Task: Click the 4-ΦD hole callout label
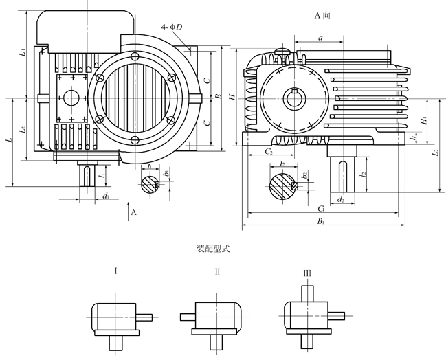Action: pos(172,27)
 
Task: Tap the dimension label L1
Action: pos(23,52)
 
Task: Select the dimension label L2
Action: pos(23,130)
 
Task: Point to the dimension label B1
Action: pos(321,221)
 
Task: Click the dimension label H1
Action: pos(424,120)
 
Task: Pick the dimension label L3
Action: pos(435,153)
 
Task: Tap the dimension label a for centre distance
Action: pos(320,38)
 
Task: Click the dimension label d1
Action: pos(106,196)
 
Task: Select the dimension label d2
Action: pos(340,200)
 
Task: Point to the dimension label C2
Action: pos(269,151)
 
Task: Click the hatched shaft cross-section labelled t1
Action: pos(150,185)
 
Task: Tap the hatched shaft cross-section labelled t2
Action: pos(283,186)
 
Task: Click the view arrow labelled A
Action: pos(128,211)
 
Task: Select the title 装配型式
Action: pos(213,249)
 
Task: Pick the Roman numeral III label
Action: pos(307,273)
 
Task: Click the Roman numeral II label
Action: pos(217,272)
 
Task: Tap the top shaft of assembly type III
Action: pos(307,294)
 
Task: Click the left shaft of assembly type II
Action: pos(188,317)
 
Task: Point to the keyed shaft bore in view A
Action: pos(294,99)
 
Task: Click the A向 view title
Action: pos(322,15)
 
